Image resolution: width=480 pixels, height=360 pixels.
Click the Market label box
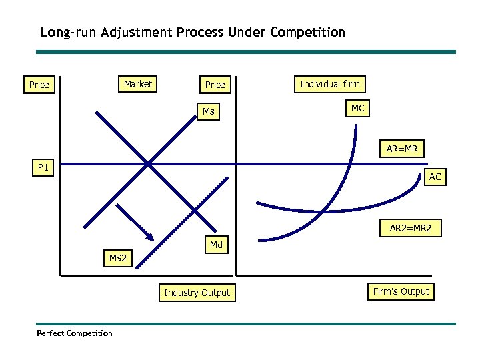[x=138, y=84]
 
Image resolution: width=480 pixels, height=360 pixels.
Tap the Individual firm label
[x=329, y=84]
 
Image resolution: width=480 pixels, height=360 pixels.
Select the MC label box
[x=358, y=108]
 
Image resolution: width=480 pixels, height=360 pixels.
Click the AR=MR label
[x=402, y=149]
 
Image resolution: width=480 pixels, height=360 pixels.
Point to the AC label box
[x=435, y=177]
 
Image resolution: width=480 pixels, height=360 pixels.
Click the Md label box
[x=216, y=245]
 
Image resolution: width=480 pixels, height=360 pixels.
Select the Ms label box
[x=209, y=111]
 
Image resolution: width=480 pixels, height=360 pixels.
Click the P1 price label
[x=43, y=168]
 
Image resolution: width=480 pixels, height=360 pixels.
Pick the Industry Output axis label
[x=197, y=293]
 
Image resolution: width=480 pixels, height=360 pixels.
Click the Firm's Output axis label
[x=401, y=291]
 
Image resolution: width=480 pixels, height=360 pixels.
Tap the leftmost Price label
[x=39, y=85]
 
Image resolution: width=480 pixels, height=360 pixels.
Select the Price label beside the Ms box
[x=215, y=85]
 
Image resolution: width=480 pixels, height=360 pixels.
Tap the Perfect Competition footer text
[x=75, y=333]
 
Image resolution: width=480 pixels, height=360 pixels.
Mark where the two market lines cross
[x=148, y=163]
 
